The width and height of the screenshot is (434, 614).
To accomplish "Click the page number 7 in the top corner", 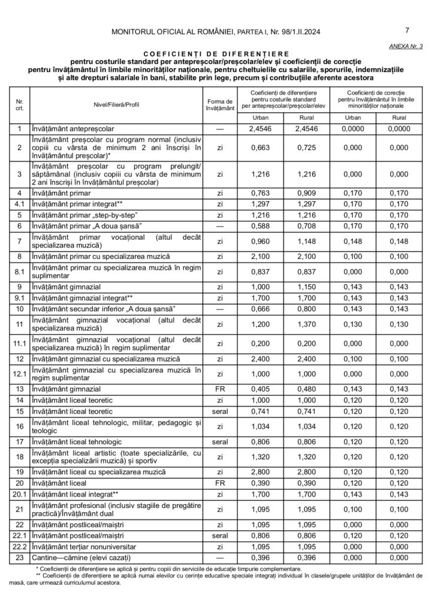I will pos(408,31).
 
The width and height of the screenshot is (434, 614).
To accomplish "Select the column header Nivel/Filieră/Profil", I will pos(113,104).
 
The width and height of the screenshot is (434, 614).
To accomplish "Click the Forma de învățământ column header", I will pos(219,104).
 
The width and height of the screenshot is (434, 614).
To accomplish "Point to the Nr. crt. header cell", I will pos(19,104).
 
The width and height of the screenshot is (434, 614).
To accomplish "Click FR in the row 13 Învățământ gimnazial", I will pos(219,389).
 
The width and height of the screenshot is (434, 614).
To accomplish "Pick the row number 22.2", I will pos(19,547).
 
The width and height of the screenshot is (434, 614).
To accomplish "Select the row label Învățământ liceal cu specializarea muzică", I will pos(101,472).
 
